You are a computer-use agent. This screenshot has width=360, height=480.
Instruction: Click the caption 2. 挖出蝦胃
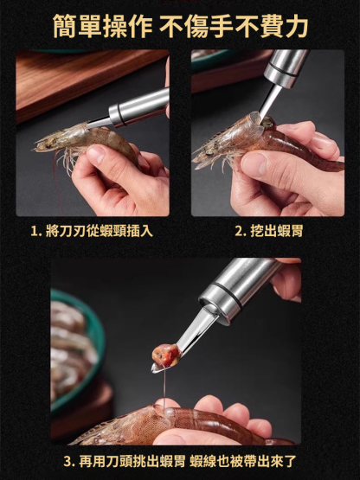(268, 231)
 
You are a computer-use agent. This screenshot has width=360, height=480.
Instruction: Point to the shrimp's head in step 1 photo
(54, 141)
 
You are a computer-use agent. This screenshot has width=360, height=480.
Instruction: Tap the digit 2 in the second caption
(239, 231)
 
